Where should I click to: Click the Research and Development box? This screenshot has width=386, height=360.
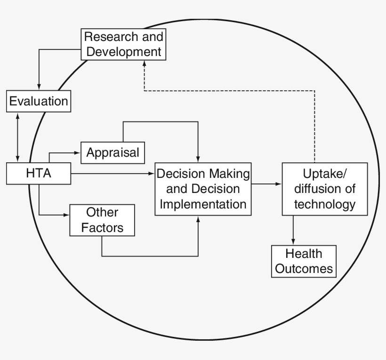click(x=123, y=44)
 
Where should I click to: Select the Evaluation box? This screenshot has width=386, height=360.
click(x=39, y=101)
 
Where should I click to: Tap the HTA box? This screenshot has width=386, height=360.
click(x=39, y=174)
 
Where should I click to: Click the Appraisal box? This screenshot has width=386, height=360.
click(x=113, y=152)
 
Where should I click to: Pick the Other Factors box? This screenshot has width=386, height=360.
click(x=102, y=220)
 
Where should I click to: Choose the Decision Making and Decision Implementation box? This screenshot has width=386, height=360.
click(x=203, y=189)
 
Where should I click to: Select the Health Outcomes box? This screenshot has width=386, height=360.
click(x=304, y=261)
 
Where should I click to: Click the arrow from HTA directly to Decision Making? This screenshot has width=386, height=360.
click(x=113, y=174)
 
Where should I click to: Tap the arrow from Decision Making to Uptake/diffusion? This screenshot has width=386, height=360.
click(x=266, y=184)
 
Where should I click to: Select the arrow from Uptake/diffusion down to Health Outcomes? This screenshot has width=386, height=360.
click(x=294, y=231)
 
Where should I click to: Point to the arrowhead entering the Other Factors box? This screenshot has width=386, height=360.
click(x=66, y=215)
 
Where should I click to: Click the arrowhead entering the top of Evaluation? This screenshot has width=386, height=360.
click(x=39, y=88)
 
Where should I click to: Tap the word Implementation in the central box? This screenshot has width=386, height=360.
click(x=203, y=204)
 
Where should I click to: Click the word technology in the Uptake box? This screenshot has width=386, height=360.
click(x=324, y=205)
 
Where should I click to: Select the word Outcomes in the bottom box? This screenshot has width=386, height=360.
click(x=304, y=269)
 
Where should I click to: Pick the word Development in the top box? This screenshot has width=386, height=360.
click(x=124, y=51)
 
